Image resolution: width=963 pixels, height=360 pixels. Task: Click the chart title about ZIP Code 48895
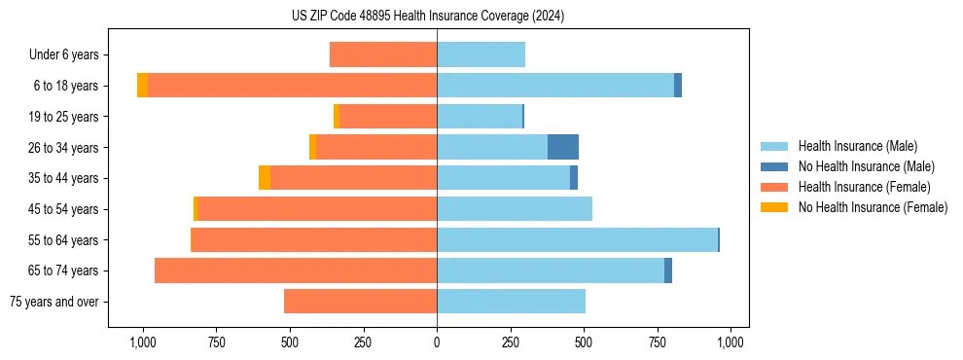click(x=427, y=16)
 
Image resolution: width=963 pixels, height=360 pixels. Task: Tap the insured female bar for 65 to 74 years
click(x=296, y=270)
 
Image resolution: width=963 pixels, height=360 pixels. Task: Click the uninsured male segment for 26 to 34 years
click(x=563, y=147)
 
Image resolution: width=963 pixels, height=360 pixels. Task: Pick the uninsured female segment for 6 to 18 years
click(x=142, y=86)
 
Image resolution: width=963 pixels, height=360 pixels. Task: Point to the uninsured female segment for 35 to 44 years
click(x=265, y=178)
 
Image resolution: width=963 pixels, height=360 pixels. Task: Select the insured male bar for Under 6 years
click(x=481, y=54)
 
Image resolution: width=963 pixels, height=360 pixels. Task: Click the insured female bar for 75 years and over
click(x=360, y=302)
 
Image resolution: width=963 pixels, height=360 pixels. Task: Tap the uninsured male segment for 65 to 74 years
click(x=668, y=270)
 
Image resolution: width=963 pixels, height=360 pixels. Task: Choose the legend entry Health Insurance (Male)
click(x=857, y=146)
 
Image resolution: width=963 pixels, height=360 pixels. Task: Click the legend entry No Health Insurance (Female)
click(x=873, y=207)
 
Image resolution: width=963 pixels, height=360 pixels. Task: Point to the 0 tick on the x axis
click(x=437, y=342)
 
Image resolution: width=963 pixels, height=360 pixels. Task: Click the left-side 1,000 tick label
click(x=143, y=342)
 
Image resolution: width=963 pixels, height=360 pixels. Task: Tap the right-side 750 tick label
click(x=658, y=342)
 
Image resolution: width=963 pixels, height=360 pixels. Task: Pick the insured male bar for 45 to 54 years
click(x=515, y=209)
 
